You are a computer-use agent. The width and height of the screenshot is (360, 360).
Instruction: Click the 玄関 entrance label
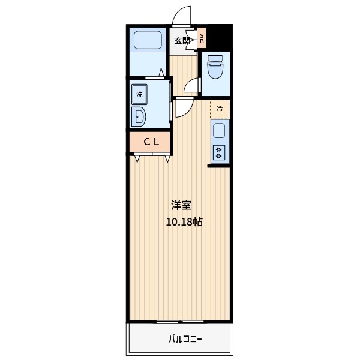182,41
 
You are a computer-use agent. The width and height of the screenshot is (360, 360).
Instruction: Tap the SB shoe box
202,40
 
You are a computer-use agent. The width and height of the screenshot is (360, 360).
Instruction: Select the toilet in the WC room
215,70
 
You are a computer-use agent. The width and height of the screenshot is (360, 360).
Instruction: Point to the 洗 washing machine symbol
139,94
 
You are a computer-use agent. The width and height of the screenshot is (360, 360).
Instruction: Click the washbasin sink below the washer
139,116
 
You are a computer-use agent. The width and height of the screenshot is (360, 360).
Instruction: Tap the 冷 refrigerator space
220,109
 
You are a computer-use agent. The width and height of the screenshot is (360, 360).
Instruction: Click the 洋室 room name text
181,205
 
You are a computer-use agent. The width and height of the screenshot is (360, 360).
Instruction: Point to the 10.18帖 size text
184,222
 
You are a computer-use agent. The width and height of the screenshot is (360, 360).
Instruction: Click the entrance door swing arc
181,14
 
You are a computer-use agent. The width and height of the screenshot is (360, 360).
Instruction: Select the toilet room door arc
192,86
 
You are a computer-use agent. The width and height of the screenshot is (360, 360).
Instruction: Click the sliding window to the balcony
180,322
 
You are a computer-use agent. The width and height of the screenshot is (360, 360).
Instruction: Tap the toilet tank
215,59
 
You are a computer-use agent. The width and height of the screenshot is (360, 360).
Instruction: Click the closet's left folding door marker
139,158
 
